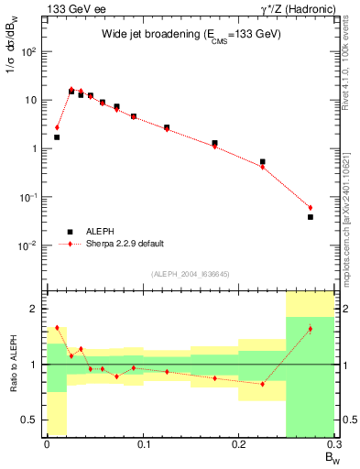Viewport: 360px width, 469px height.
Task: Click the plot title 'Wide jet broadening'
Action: [x=191, y=34]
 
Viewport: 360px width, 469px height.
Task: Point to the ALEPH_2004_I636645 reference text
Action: [x=191, y=274]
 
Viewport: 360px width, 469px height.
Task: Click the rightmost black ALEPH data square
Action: [x=311, y=217]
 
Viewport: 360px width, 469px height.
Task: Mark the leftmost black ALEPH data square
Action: [x=57, y=137]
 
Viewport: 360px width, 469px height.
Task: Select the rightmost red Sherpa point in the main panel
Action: [x=311, y=208]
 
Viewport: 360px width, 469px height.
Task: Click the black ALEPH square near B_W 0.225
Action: [x=263, y=161]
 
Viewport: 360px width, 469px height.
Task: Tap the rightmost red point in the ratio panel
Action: [x=311, y=329]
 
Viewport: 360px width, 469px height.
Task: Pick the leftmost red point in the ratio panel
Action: [x=57, y=327]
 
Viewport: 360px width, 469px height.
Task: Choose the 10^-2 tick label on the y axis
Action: [x=30, y=245]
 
